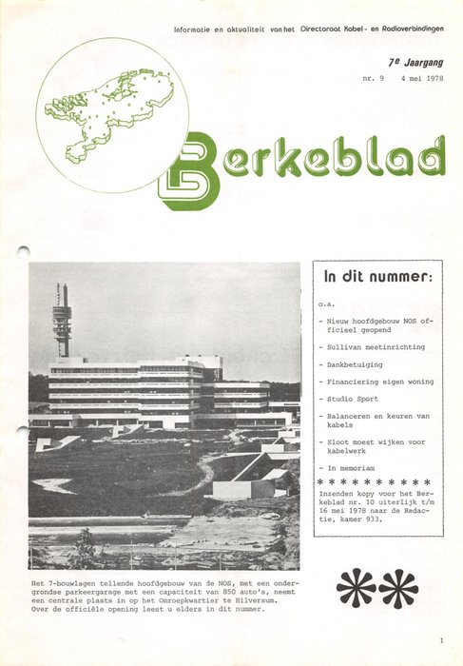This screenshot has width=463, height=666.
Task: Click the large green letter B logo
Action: [x=189, y=170]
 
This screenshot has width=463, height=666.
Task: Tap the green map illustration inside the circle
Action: [x=110, y=110]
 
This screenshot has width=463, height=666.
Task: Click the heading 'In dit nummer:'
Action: [x=377, y=278]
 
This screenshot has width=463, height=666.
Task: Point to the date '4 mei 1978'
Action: [x=423, y=81]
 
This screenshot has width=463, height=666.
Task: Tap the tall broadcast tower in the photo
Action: [x=63, y=319]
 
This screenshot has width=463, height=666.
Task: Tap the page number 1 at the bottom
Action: [x=441, y=641]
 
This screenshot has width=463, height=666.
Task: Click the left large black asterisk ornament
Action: [x=356, y=587]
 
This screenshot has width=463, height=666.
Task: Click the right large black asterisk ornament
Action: [x=398, y=587]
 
